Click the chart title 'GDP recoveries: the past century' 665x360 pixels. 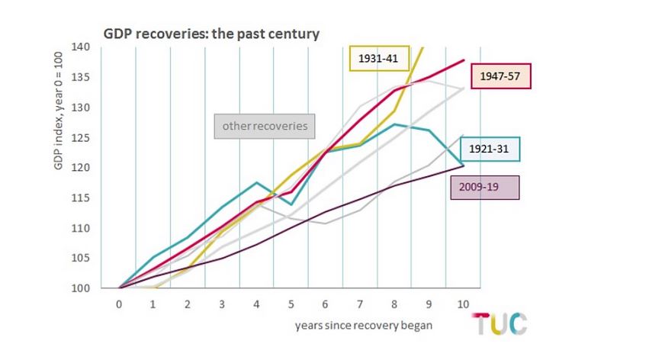[x=211, y=34]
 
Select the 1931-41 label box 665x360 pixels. [x=379, y=58]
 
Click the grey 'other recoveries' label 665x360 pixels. [x=265, y=125]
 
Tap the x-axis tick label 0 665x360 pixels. [x=119, y=304]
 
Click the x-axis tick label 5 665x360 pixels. [x=291, y=304]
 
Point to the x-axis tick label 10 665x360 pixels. [x=462, y=304]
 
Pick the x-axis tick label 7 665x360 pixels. [x=359, y=304]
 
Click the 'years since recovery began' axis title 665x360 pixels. [x=364, y=326]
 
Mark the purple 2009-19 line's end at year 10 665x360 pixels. [x=462, y=166]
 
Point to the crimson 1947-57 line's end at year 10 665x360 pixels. [x=462, y=60]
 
